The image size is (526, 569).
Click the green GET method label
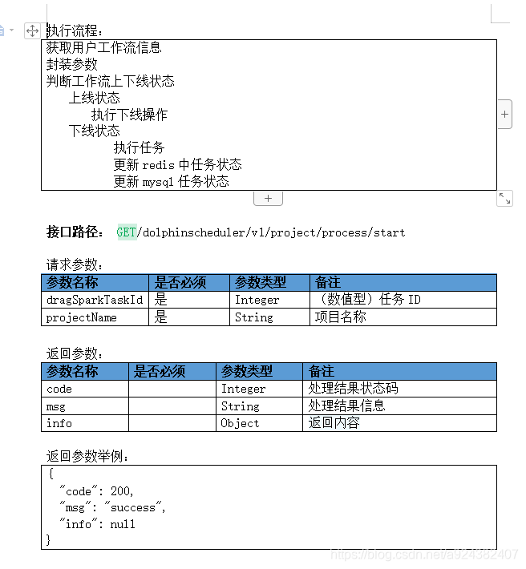[x=127, y=232]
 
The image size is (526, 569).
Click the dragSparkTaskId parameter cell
[x=95, y=300]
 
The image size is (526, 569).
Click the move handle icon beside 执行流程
[x=32, y=31]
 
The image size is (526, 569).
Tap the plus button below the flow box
[x=268, y=198]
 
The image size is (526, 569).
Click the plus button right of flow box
[x=504, y=115]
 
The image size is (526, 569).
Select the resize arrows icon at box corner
[x=504, y=198]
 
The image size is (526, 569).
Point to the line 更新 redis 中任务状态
[x=177, y=165]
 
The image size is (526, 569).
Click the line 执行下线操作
[x=129, y=115]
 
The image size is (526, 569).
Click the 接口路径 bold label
[x=75, y=232]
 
